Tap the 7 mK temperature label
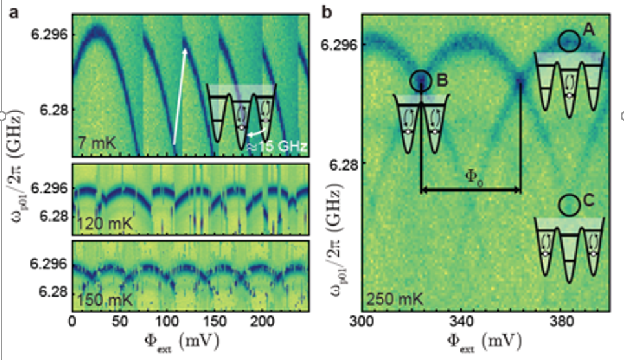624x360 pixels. (96, 142)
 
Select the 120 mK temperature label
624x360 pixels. (99, 224)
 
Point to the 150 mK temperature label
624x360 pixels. (99, 301)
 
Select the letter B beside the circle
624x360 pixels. (442, 81)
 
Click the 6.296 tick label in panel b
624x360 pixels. (339, 45)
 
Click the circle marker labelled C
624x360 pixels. (569, 205)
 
